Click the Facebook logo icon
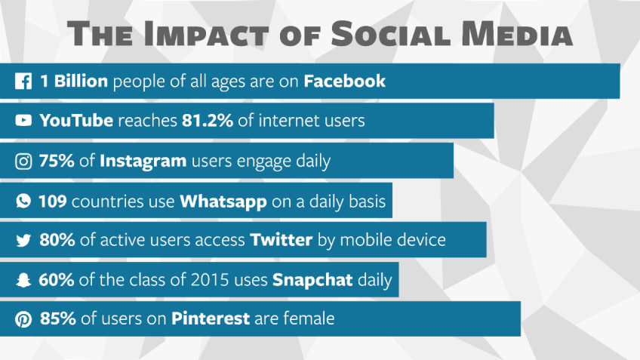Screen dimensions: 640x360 tap(23, 81)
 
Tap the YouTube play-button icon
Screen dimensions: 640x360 tap(23, 121)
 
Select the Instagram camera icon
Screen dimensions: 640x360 tap(23, 162)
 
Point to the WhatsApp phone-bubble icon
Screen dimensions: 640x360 tap(23, 201)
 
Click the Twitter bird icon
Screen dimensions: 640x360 tap(23, 241)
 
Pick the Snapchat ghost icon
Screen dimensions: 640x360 tap(23, 280)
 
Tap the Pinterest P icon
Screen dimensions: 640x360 tap(23, 318)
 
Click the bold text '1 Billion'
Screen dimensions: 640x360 tap(74, 81)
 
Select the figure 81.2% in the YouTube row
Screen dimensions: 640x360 tap(208, 121)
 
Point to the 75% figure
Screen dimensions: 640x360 tap(57, 161)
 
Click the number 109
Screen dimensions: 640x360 tap(53, 202)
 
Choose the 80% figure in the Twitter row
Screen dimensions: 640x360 tap(57, 240)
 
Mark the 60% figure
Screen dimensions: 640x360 tap(57, 280)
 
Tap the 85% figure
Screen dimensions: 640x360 tap(58, 318)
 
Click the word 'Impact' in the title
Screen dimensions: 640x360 tap(206, 33)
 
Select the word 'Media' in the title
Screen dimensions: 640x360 tap(517, 33)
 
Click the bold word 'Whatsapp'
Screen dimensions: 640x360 tap(223, 202)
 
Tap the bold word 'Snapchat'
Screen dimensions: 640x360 tap(312, 281)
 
